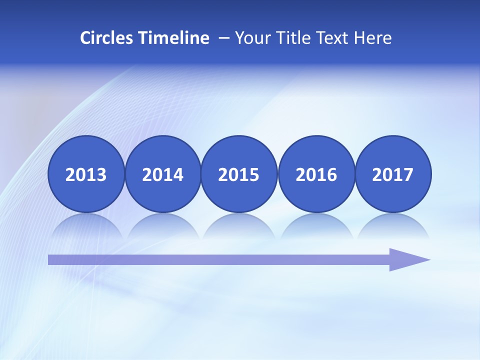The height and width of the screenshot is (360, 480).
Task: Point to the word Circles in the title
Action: coord(106,38)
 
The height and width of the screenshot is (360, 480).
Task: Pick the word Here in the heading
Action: coord(372,38)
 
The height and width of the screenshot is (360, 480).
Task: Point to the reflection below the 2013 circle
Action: coord(86,226)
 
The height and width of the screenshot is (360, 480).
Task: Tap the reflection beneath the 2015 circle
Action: coord(239,226)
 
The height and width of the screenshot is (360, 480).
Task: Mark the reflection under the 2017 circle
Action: coord(393,226)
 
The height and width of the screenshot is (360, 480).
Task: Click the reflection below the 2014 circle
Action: coord(163,226)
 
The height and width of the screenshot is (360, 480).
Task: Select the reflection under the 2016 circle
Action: coord(316,226)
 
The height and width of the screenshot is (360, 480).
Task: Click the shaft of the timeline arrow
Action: coord(215,259)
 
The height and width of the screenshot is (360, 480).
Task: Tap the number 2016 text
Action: coord(316,175)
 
